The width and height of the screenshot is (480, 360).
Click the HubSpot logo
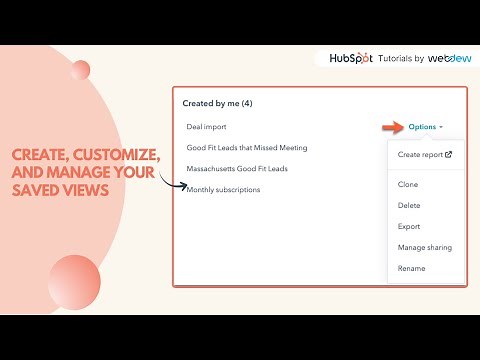(x=350, y=58)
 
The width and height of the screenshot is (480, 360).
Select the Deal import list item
(x=207, y=127)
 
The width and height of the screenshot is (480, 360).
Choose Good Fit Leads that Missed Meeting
(x=246, y=148)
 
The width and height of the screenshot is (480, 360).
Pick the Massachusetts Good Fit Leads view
(x=237, y=169)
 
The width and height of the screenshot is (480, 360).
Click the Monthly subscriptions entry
(x=223, y=190)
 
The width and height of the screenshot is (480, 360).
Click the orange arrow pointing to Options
(x=391, y=127)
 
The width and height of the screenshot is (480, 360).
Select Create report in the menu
(x=420, y=154)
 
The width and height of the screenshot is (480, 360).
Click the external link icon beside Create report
(x=448, y=154)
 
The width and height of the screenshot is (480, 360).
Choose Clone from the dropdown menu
(x=408, y=184)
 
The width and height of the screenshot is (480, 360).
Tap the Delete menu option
(x=409, y=205)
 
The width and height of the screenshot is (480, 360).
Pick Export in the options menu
(x=409, y=226)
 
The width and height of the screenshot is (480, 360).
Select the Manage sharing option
(x=424, y=247)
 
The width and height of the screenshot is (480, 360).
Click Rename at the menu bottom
(x=411, y=268)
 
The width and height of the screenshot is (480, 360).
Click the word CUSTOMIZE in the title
(x=119, y=155)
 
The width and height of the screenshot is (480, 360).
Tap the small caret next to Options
(x=441, y=128)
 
